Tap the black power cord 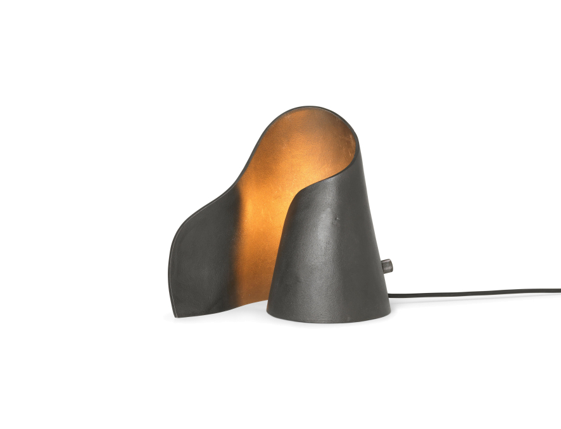[x=475, y=294]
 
